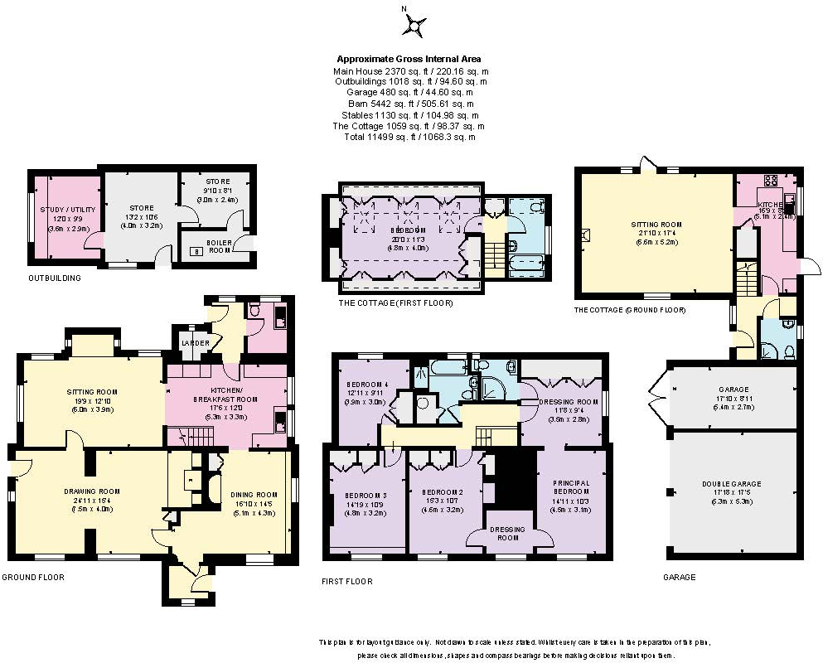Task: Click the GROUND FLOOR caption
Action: click(x=32, y=577)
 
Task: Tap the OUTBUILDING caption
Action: click(x=55, y=278)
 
